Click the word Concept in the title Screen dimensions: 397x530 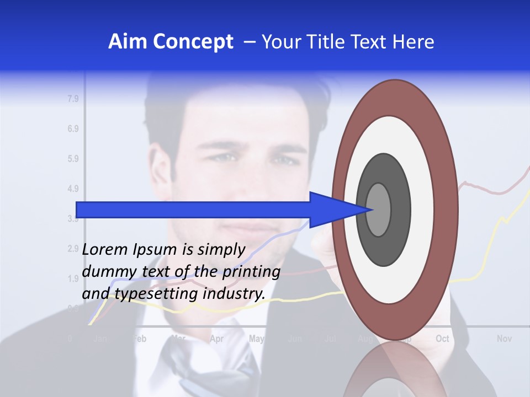click(194, 42)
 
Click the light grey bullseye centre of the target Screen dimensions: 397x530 click(379, 210)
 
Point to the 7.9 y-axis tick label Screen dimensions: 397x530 click(73, 99)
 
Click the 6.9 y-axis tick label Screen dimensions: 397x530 click(73, 129)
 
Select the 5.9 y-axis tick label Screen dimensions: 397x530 click(73, 159)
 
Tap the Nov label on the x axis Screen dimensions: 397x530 click(504, 339)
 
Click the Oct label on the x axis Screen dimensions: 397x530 click(442, 339)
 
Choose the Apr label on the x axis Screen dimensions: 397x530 click(217, 339)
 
